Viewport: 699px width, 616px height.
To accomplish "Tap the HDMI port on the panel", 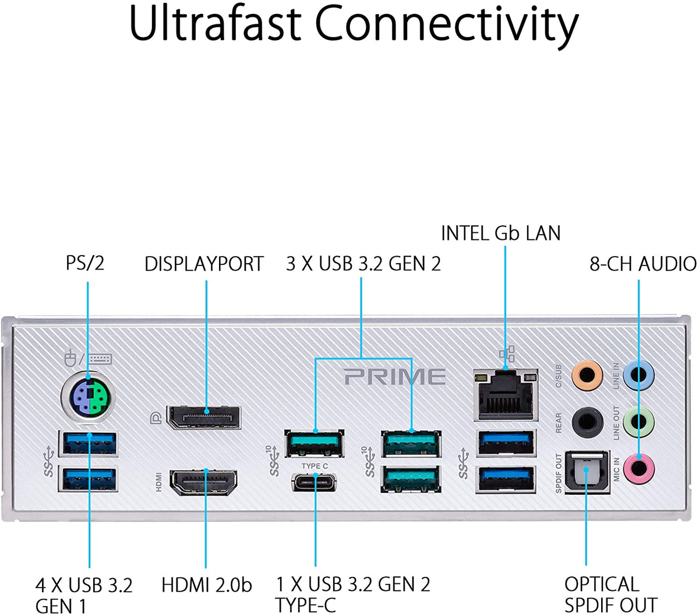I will pyautogui.click(x=203, y=482).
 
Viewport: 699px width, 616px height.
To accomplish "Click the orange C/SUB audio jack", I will pyautogui.click(x=586, y=374).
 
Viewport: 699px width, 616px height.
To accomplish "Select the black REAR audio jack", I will pyautogui.click(x=586, y=422).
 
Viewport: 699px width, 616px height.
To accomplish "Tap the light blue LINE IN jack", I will pyautogui.click(x=638, y=374).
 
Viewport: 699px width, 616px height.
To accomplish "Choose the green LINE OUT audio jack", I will pyautogui.click(x=638, y=422).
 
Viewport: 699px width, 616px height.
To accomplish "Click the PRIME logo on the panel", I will pyautogui.click(x=395, y=377).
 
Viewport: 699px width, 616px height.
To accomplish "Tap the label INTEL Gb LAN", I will pyautogui.click(x=500, y=233).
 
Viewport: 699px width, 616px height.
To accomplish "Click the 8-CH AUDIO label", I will pyautogui.click(x=643, y=264).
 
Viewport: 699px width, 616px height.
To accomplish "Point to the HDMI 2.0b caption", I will pyautogui.click(x=206, y=585).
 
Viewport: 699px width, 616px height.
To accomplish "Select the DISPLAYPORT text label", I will pyautogui.click(x=204, y=264).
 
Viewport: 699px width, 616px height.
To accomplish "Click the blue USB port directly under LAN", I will pyautogui.click(x=506, y=442).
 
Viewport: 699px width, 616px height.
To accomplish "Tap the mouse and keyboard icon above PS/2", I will pyautogui.click(x=88, y=358).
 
